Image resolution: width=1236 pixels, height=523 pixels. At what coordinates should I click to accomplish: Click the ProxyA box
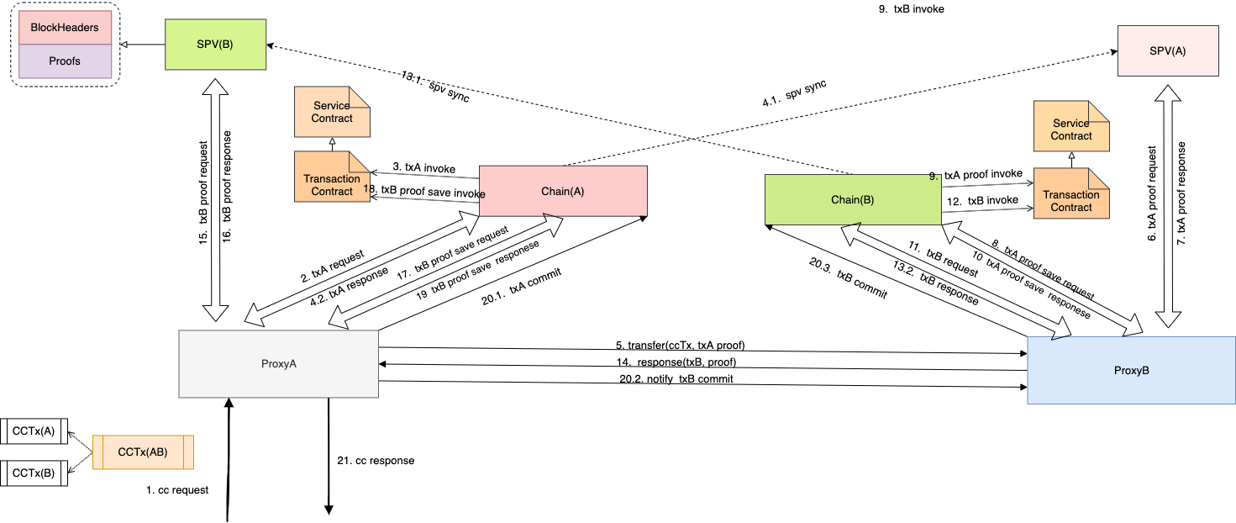[279, 364]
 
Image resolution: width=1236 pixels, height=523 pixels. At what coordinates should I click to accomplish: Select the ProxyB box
[1131, 371]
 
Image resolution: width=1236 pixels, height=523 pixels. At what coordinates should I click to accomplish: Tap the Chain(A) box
[562, 192]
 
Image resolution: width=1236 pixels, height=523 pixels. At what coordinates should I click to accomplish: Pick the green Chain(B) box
[852, 199]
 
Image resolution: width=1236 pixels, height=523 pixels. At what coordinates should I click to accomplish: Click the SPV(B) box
[214, 43]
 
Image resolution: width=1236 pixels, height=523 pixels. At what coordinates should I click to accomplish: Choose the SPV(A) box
[1167, 51]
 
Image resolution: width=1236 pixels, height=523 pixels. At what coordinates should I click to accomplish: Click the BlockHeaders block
[65, 28]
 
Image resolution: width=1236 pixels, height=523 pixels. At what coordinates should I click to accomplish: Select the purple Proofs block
[65, 61]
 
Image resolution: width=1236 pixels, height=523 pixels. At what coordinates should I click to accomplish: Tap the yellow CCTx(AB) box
[143, 452]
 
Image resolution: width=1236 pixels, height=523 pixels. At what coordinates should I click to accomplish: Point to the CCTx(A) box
[34, 431]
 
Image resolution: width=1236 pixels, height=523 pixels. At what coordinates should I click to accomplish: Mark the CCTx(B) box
[34, 473]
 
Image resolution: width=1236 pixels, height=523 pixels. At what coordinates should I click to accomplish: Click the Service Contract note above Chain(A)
[332, 112]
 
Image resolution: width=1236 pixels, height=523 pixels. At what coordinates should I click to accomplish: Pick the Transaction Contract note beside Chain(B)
[1071, 201]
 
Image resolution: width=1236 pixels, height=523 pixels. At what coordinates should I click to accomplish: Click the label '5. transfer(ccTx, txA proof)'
[681, 346]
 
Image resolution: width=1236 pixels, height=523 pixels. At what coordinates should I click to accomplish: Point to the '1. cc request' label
[177, 490]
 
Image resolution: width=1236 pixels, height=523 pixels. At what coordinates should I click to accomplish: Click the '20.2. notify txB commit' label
[676, 379]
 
